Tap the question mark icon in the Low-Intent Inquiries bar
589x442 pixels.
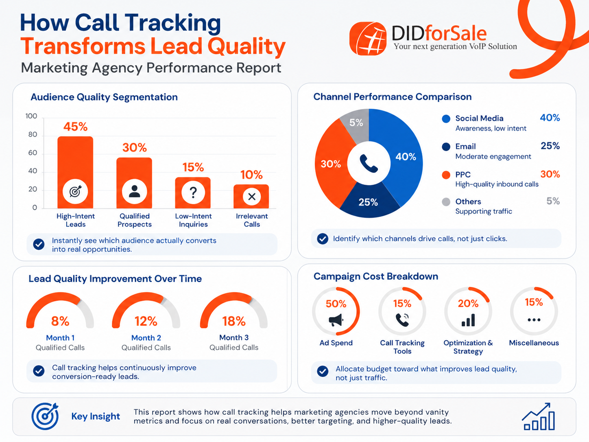pyautogui.click(x=193, y=192)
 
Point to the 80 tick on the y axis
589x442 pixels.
pyautogui.click(x=33, y=135)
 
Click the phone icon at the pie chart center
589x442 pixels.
pyautogui.click(x=369, y=163)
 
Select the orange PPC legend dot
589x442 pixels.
pyautogui.click(x=446, y=175)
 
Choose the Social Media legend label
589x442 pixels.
pyautogui.click(x=479, y=118)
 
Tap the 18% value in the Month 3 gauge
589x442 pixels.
pyautogui.click(x=234, y=321)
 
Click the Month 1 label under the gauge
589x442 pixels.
pyautogui.click(x=60, y=338)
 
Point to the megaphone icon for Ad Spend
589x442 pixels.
pyautogui.click(x=336, y=320)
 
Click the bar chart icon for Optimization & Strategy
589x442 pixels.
pyautogui.click(x=468, y=320)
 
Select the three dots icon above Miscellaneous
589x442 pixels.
pyautogui.click(x=534, y=320)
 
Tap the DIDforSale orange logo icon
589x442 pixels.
pyautogui.click(x=368, y=39)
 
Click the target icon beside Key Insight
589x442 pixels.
pyautogui.click(x=45, y=416)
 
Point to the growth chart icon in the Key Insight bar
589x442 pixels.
pyautogui.click(x=539, y=417)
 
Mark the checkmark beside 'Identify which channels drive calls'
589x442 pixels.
pyautogui.click(x=323, y=239)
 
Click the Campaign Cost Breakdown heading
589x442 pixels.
pyautogui.click(x=375, y=276)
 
